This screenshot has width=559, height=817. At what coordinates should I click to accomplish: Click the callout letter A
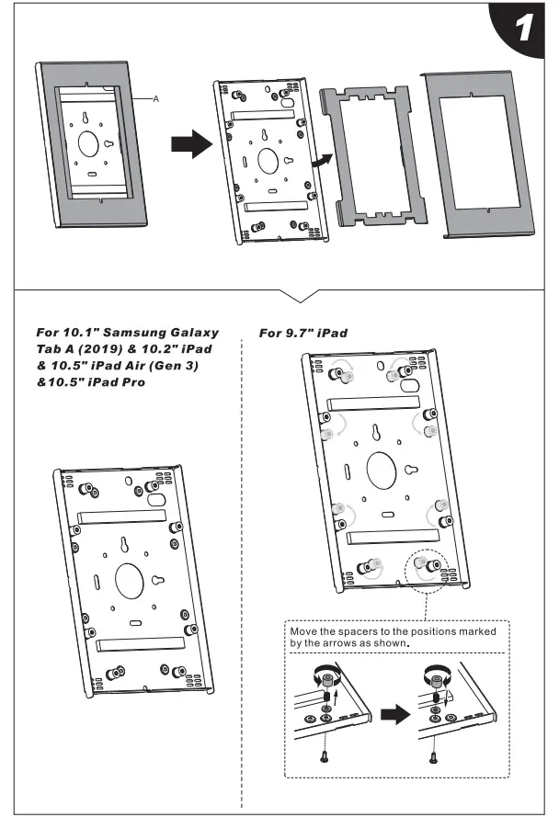[x=156, y=98]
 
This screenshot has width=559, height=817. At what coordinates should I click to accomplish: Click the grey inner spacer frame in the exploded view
[x=373, y=156]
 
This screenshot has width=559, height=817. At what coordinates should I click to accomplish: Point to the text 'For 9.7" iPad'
[x=303, y=333]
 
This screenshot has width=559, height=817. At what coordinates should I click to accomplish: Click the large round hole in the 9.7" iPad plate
[x=383, y=470]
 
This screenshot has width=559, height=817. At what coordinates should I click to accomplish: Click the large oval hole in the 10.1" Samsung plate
[x=130, y=580]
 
